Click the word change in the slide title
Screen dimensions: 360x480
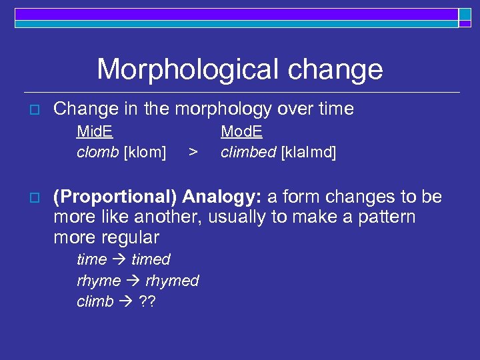[337, 70]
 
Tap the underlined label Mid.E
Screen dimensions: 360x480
[95, 131]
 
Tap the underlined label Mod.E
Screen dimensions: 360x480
[241, 131]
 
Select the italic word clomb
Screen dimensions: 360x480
[98, 153]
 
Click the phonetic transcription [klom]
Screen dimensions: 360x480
[145, 153]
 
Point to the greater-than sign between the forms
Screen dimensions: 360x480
[193, 153]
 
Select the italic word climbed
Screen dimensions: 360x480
[249, 153]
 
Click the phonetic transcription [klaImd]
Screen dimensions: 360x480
[309, 153]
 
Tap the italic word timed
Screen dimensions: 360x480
[151, 259]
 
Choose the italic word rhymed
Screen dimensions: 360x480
[172, 281]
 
